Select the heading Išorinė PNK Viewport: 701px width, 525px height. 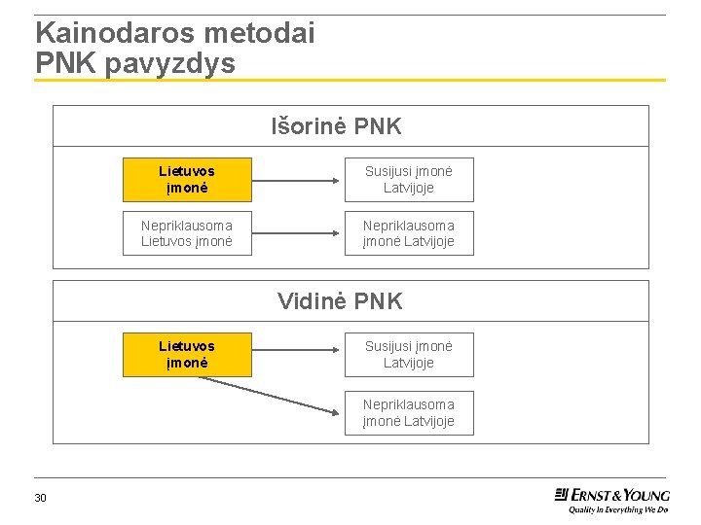click(x=336, y=126)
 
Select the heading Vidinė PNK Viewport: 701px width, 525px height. click(x=340, y=301)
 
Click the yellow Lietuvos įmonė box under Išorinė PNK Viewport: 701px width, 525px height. click(x=187, y=180)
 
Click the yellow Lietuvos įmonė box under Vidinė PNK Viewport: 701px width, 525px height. click(x=187, y=354)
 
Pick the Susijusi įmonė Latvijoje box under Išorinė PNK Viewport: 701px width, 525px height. click(x=409, y=180)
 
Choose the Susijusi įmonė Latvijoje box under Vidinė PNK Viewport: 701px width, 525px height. click(x=409, y=354)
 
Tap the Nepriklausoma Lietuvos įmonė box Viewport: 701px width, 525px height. click(x=187, y=233)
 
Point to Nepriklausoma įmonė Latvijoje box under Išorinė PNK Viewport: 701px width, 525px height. click(x=409, y=233)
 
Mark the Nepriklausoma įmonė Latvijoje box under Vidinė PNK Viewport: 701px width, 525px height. click(x=409, y=412)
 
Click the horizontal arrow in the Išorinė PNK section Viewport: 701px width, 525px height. click(x=297, y=180)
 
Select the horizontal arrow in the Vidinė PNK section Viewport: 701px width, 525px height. click(x=297, y=354)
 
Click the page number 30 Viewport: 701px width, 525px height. click(x=40, y=499)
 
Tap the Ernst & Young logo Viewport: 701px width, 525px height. click(x=612, y=494)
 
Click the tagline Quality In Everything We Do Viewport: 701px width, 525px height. click(x=618, y=508)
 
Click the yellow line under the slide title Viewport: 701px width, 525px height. click(x=350, y=80)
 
